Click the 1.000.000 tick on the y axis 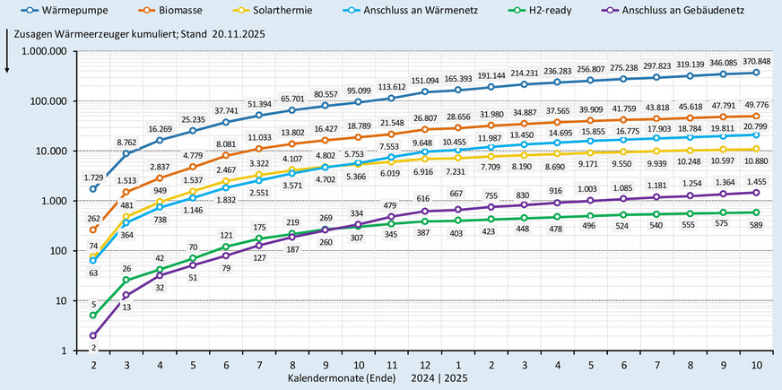coord(42,51)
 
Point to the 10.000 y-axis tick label coord(51,151)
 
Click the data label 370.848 coord(754,59)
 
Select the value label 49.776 coord(756,103)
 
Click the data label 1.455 coord(756,180)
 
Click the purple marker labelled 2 coord(93,335)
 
